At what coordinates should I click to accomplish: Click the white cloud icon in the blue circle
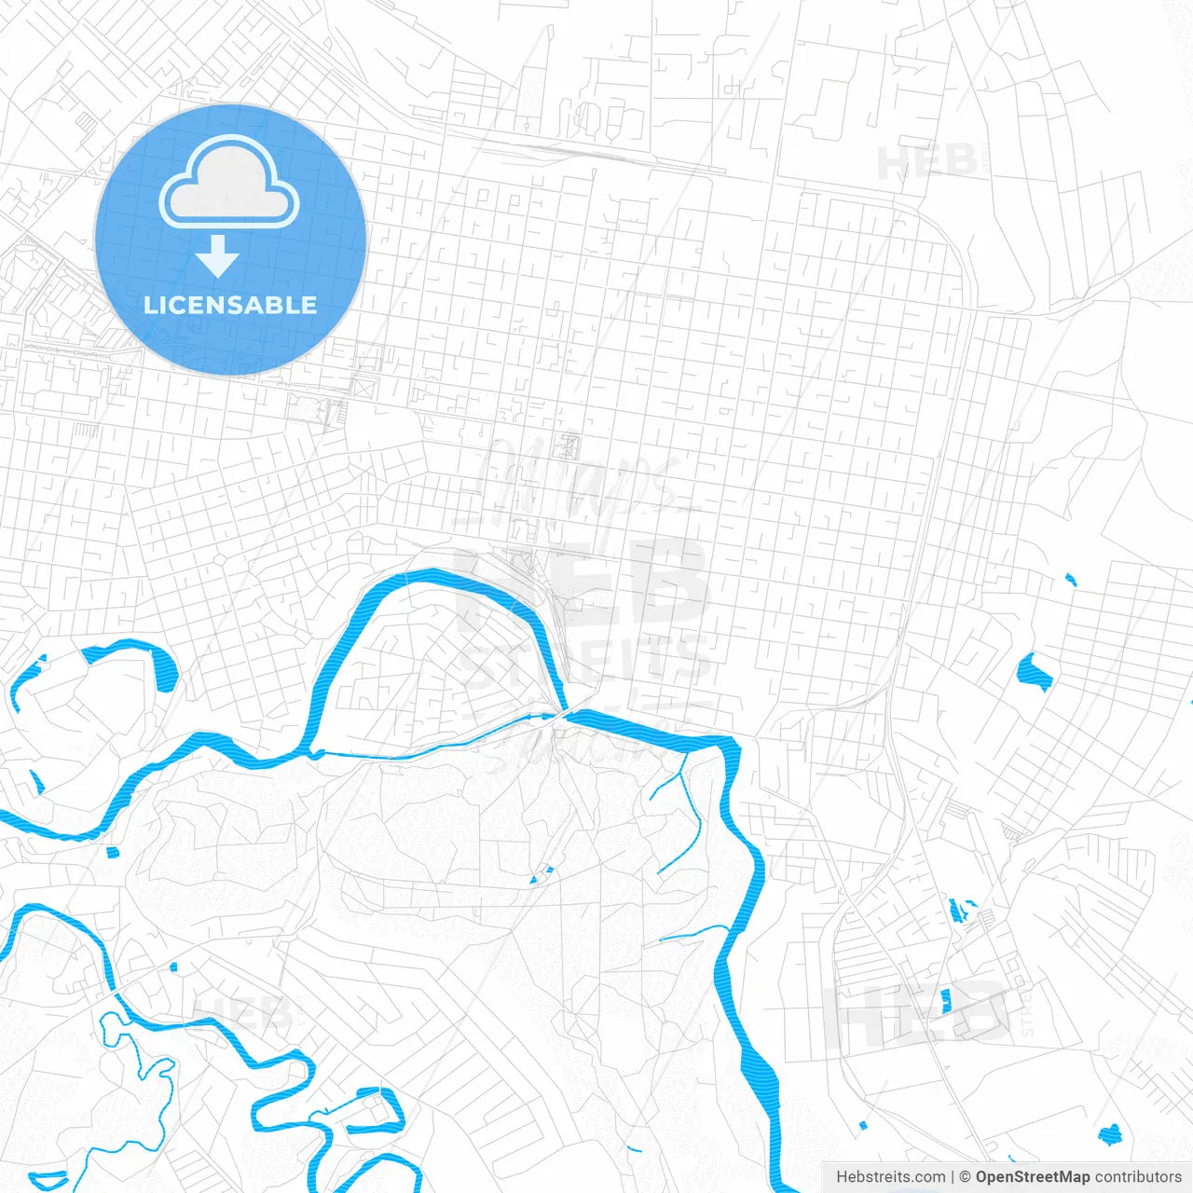[229, 183]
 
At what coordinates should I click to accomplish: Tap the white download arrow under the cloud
[217, 255]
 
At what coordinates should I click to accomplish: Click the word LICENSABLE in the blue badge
[230, 305]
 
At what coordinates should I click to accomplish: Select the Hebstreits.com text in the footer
[890, 1177]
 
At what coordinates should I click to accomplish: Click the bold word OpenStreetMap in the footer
[1032, 1177]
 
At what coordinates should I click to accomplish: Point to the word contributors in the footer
[1138, 1177]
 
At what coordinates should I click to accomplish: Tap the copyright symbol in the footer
[966, 1177]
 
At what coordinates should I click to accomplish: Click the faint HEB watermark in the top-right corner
[926, 162]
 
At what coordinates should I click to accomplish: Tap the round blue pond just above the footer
[1109, 1134]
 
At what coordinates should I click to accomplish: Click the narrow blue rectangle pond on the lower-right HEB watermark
[946, 1001]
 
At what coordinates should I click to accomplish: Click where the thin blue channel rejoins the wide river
[563, 715]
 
